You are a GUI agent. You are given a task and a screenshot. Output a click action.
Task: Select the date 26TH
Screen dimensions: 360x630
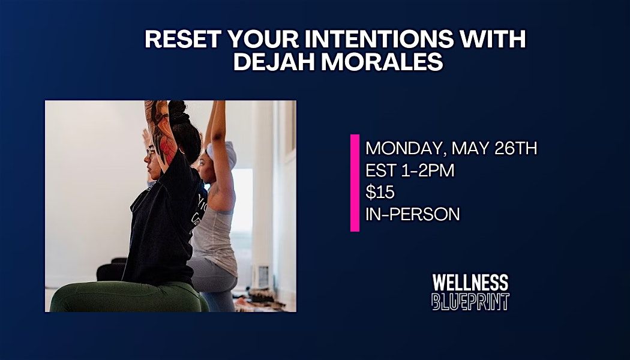pyautogui.click(x=512, y=148)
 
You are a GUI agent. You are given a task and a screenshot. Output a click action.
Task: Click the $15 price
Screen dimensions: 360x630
pyautogui.click(x=377, y=192)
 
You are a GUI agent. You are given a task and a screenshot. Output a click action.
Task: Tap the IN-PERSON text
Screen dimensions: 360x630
pyautogui.click(x=412, y=214)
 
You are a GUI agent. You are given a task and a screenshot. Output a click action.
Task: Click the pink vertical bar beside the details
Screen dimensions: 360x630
pyautogui.click(x=355, y=182)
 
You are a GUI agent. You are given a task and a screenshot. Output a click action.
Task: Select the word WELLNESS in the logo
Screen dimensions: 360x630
pyautogui.click(x=470, y=283)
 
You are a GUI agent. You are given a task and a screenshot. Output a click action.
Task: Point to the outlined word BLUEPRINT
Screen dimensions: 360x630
pyautogui.click(x=470, y=301)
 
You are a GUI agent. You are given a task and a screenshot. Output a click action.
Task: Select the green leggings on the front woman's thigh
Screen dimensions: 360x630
pyautogui.click(x=120, y=298)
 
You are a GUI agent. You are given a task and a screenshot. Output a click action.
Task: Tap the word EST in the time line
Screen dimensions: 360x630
pyautogui.click(x=379, y=170)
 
